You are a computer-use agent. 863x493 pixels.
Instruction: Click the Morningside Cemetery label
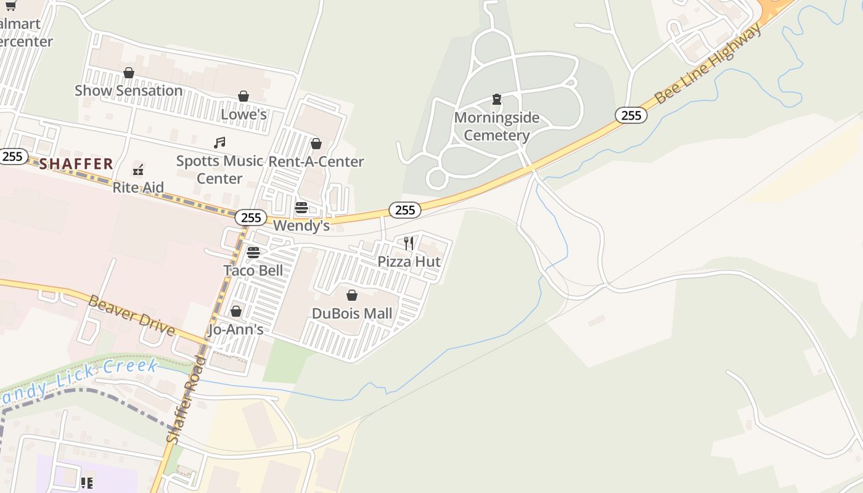coord(496,126)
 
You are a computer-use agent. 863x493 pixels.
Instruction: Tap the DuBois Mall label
coord(352,313)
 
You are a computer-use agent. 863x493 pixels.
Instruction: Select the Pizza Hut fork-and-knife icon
coord(409,243)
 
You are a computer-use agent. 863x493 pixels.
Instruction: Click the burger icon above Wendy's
coord(301,207)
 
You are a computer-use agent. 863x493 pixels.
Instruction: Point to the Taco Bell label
coord(253,270)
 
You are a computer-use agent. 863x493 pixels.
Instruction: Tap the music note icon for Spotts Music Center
coord(219,143)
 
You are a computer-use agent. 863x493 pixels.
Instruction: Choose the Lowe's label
coord(243,114)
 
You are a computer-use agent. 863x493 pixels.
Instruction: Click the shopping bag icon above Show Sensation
coord(129,73)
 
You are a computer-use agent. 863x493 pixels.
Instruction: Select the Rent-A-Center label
coord(316,161)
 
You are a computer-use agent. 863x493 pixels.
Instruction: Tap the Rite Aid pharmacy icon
coord(138,169)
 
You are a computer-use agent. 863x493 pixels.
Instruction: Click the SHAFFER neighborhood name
coord(76,164)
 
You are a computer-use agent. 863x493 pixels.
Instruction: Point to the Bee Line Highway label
coord(708,63)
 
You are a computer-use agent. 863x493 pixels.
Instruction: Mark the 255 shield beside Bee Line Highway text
coord(631,115)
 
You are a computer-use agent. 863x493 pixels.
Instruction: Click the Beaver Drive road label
coord(132,315)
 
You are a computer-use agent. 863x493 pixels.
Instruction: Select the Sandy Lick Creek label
coord(77,379)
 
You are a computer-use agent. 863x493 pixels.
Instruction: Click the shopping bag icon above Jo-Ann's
coord(236,311)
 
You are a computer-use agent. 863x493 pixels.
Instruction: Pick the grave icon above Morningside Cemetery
coord(496,99)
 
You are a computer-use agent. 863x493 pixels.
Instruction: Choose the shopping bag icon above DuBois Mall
coord(352,296)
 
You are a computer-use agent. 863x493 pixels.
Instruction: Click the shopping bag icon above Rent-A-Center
coord(316,144)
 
